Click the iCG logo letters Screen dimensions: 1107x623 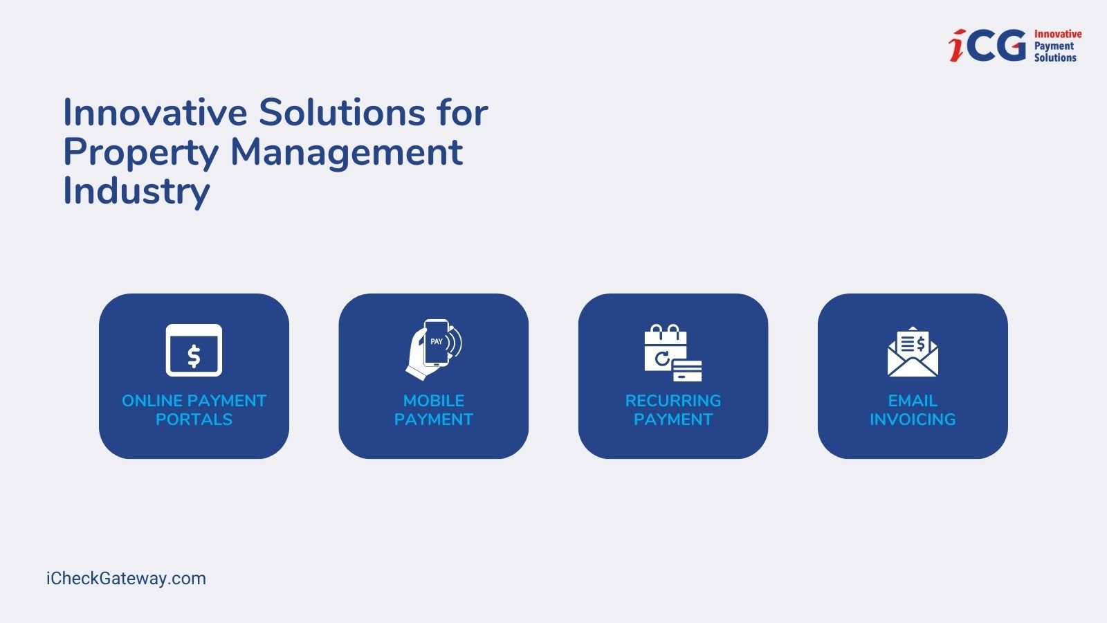(987, 46)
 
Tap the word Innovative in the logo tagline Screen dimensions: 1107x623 (1058, 34)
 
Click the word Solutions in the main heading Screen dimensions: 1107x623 (342, 112)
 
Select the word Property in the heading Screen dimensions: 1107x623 (141, 153)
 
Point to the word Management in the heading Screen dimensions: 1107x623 (347, 153)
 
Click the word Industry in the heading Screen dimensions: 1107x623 (136, 191)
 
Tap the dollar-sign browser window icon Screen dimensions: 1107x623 (194, 350)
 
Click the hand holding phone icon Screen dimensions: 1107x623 (434, 350)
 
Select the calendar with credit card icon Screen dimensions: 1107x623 (673, 352)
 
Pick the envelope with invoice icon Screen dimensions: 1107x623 (913, 352)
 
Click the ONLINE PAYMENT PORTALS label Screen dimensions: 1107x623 (194, 410)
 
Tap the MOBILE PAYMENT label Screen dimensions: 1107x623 (433, 410)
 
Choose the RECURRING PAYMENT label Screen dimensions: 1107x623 (673, 410)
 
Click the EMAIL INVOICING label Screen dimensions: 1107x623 (913, 410)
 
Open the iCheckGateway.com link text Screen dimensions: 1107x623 (126, 579)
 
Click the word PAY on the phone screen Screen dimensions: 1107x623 (437, 342)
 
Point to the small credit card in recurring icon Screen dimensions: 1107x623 (687, 371)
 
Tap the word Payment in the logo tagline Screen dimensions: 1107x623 (1054, 46)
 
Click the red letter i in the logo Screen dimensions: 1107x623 (957, 46)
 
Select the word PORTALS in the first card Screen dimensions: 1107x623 (194, 419)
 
